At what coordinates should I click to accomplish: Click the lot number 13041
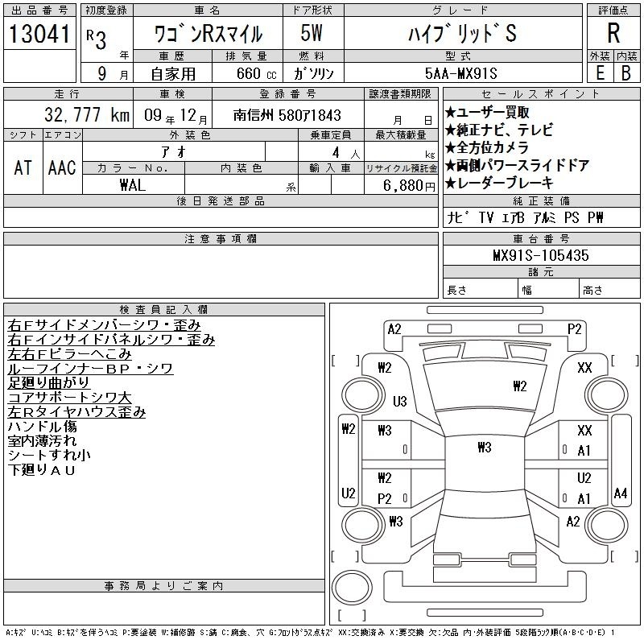[x=39, y=33]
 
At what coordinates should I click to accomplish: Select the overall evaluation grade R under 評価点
[x=613, y=33]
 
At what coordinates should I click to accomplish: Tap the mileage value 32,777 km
[x=87, y=114]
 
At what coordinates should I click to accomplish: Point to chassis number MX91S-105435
[x=541, y=255]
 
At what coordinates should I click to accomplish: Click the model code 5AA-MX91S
[x=460, y=73]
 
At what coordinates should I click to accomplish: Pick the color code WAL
[x=133, y=185]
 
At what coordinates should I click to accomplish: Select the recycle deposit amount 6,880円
[x=409, y=185]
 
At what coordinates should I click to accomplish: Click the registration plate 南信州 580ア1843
[x=287, y=115]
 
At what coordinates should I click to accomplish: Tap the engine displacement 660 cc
[x=256, y=73]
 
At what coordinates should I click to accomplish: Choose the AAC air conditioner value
[x=62, y=167]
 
